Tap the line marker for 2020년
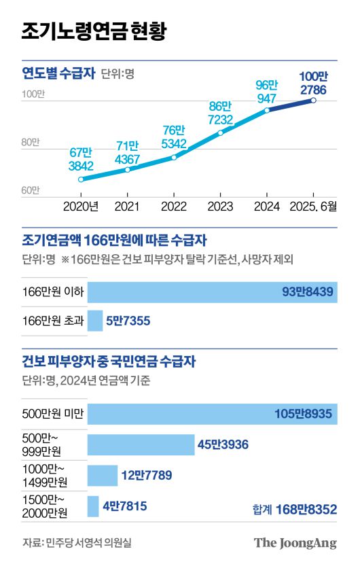[81, 179]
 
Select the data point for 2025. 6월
[313, 101]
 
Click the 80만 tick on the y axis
[32, 143]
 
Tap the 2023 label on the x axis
[220, 206]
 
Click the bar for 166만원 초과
[95, 321]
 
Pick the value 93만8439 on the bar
[309, 292]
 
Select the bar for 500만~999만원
[141, 444]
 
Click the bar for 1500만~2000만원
[93, 506]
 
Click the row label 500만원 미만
[53, 415]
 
